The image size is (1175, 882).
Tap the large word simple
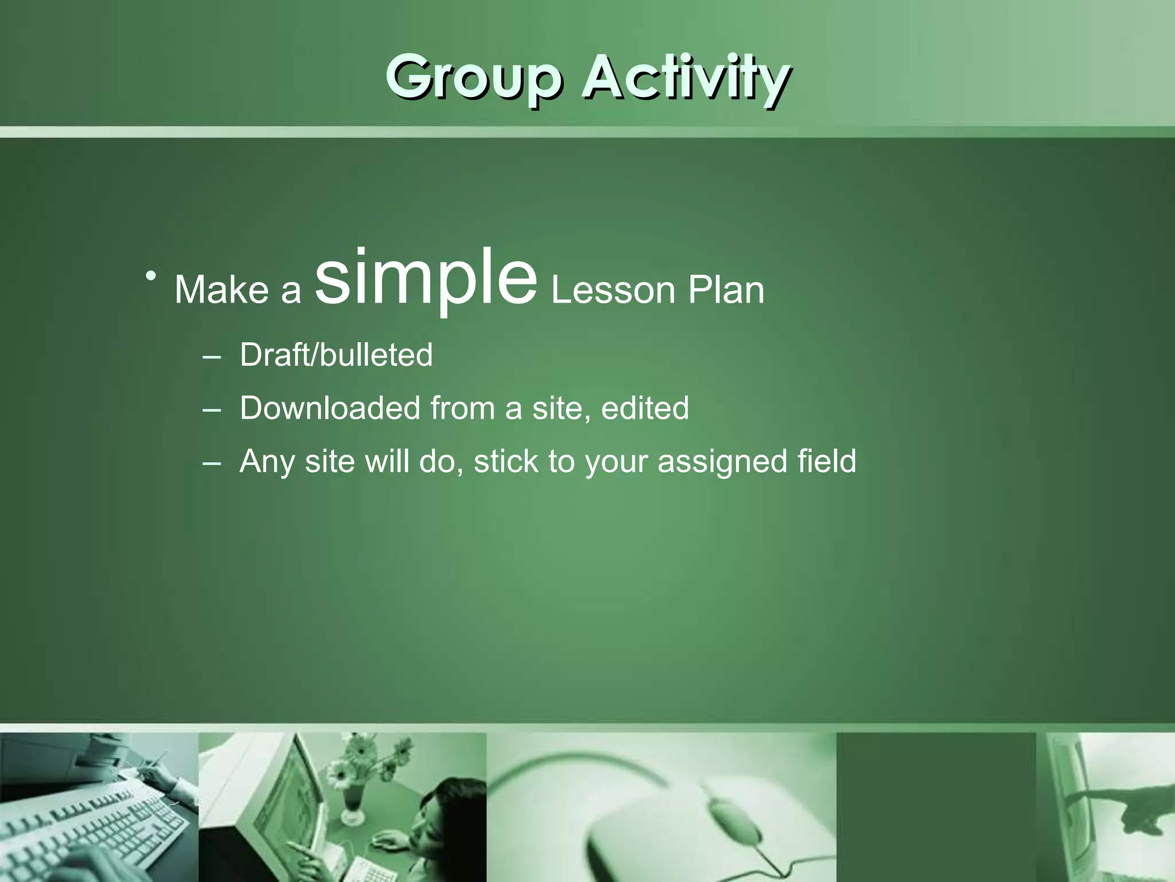425,278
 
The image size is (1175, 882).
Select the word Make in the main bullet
221,289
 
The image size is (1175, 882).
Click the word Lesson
613,290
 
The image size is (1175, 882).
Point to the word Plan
726,290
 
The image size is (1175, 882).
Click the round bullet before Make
151,276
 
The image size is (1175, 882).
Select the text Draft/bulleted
336,354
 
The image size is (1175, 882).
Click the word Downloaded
330,408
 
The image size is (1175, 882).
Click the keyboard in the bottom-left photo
92,827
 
